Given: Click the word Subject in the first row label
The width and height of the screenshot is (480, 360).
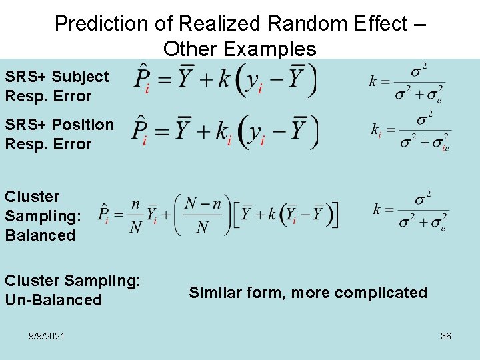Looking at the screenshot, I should tap(80, 77).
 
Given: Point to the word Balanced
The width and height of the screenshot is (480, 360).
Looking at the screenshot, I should tap(40, 235).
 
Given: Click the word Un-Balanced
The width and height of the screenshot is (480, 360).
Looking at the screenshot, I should tap(53, 300).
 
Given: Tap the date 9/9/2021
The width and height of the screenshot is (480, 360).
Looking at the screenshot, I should tap(47, 336).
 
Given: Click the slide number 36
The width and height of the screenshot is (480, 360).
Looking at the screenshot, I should tap(445, 336).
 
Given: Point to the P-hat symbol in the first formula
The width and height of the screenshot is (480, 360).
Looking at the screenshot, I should tap(141, 79).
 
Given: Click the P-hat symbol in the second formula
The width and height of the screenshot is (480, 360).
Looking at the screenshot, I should tap(139, 131).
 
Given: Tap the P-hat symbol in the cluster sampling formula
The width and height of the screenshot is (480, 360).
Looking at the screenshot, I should tap(104, 214).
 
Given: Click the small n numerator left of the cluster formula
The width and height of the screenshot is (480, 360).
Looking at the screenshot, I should tap(135, 205).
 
